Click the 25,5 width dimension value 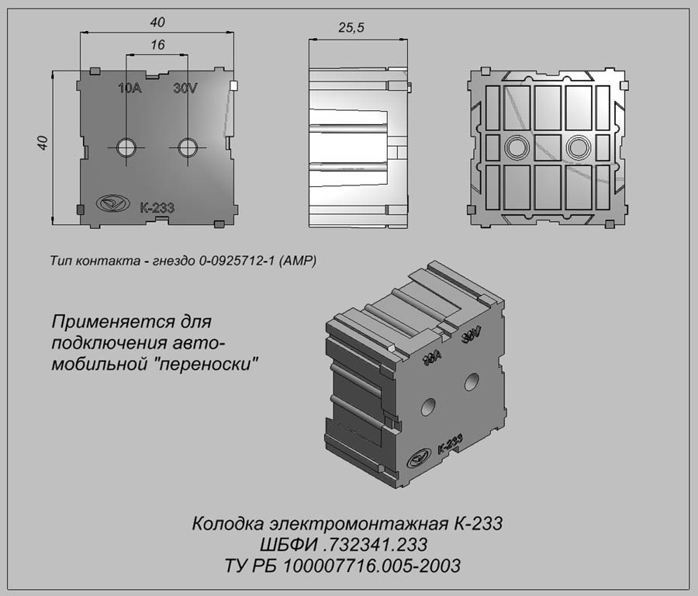click(x=351, y=28)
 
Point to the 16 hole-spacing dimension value click(x=157, y=45)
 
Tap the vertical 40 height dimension click(x=43, y=143)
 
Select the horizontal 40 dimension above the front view click(x=157, y=23)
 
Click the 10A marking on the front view click(x=130, y=88)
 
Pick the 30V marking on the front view click(x=185, y=88)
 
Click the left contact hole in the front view click(x=126, y=147)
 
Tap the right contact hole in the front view click(x=188, y=147)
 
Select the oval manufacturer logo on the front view click(x=112, y=204)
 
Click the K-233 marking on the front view click(x=157, y=207)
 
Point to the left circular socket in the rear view click(x=517, y=147)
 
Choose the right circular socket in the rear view click(x=578, y=147)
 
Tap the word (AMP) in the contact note click(x=297, y=261)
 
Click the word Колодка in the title click(x=227, y=524)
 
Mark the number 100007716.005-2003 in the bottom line click(x=371, y=567)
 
